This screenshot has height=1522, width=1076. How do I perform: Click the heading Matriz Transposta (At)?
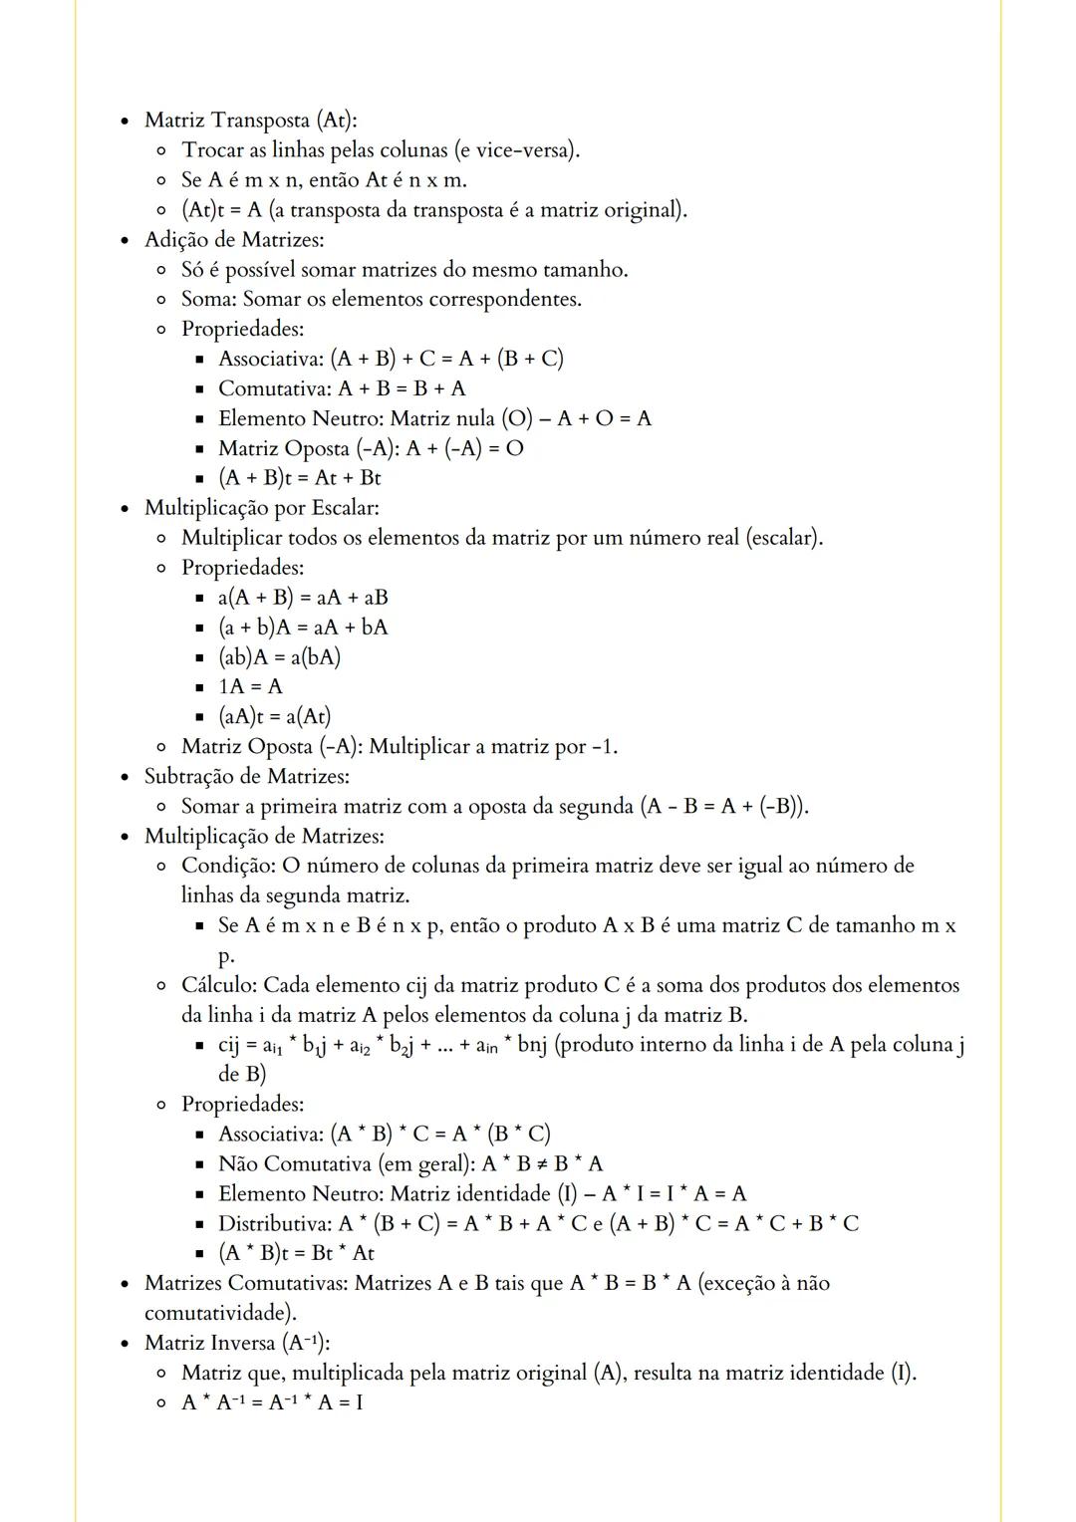(x=250, y=121)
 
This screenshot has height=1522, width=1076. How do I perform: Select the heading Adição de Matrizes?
(x=234, y=240)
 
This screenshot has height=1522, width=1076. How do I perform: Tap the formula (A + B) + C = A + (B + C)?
(x=446, y=359)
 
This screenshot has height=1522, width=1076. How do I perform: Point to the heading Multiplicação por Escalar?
(x=261, y=508)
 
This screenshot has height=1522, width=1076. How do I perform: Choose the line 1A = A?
(x=250, y=687)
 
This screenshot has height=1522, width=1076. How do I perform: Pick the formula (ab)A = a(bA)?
(x=279, y=657)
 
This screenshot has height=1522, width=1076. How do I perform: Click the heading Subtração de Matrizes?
(x=246, y=777)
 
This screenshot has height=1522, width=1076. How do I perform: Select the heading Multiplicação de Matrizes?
(x=264, y=837)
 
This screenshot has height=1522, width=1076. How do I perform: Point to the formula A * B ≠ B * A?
(x=542, y=1164)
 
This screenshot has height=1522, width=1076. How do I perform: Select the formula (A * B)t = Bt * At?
(x=296, y=1254)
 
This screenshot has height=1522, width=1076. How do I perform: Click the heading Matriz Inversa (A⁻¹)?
(x=237, y=1343)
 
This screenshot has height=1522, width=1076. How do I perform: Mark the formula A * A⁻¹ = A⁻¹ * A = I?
(x=272, y=1402)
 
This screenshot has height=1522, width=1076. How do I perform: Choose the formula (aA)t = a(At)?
(x=274, y=717)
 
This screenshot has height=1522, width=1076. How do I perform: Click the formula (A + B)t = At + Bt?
(x=299, y=478)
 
